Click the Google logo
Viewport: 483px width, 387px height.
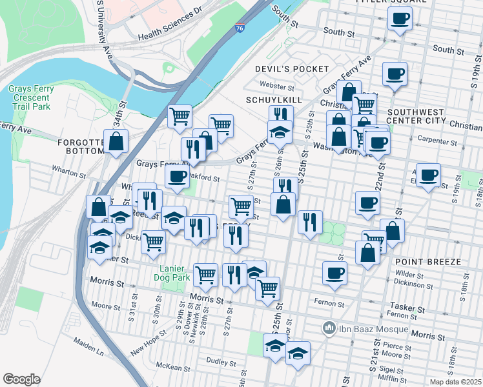click(22, 379)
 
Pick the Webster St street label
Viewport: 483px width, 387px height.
click(276, 85)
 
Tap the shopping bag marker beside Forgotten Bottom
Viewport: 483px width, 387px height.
click(116, 143)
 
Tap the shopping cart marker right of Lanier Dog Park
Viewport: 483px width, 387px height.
click(205, 275)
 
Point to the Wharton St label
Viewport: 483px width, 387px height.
click(69, 174)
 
